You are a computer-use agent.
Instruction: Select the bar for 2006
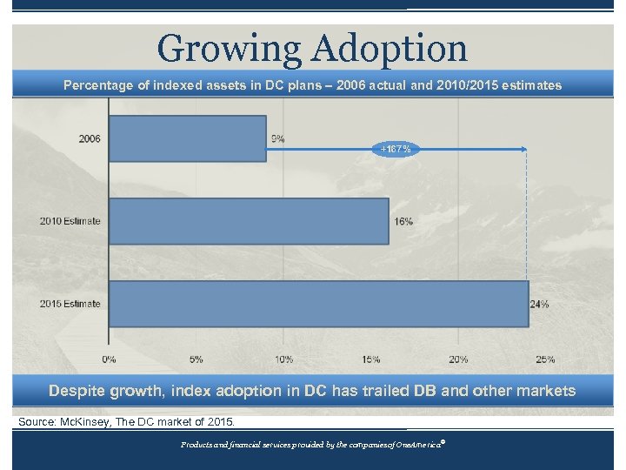pos(188,138)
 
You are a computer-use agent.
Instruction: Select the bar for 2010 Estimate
pos(249,221)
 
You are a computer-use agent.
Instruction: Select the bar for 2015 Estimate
pos(318,304)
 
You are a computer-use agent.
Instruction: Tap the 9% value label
pos(277,138)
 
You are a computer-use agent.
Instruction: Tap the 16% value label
pos(403,221)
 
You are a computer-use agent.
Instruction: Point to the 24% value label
pos(540,304)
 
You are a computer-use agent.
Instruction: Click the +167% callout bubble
pos(396,149)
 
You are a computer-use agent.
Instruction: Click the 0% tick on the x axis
pos(109,359)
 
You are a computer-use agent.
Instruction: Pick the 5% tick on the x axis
pos(196,359)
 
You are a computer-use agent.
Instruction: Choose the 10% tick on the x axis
pos(283,359)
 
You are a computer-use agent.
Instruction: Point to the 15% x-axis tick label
pos(371,359)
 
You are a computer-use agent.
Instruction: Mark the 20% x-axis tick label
pos(458,359)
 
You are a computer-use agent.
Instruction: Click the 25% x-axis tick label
pos(545,359)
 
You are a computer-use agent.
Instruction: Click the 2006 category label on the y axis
pos(89,138)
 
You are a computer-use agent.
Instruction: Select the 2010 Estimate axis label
pos(70,221)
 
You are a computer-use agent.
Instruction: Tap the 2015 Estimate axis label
pos(70,304)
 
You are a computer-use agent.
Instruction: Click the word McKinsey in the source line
pos(87,422)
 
